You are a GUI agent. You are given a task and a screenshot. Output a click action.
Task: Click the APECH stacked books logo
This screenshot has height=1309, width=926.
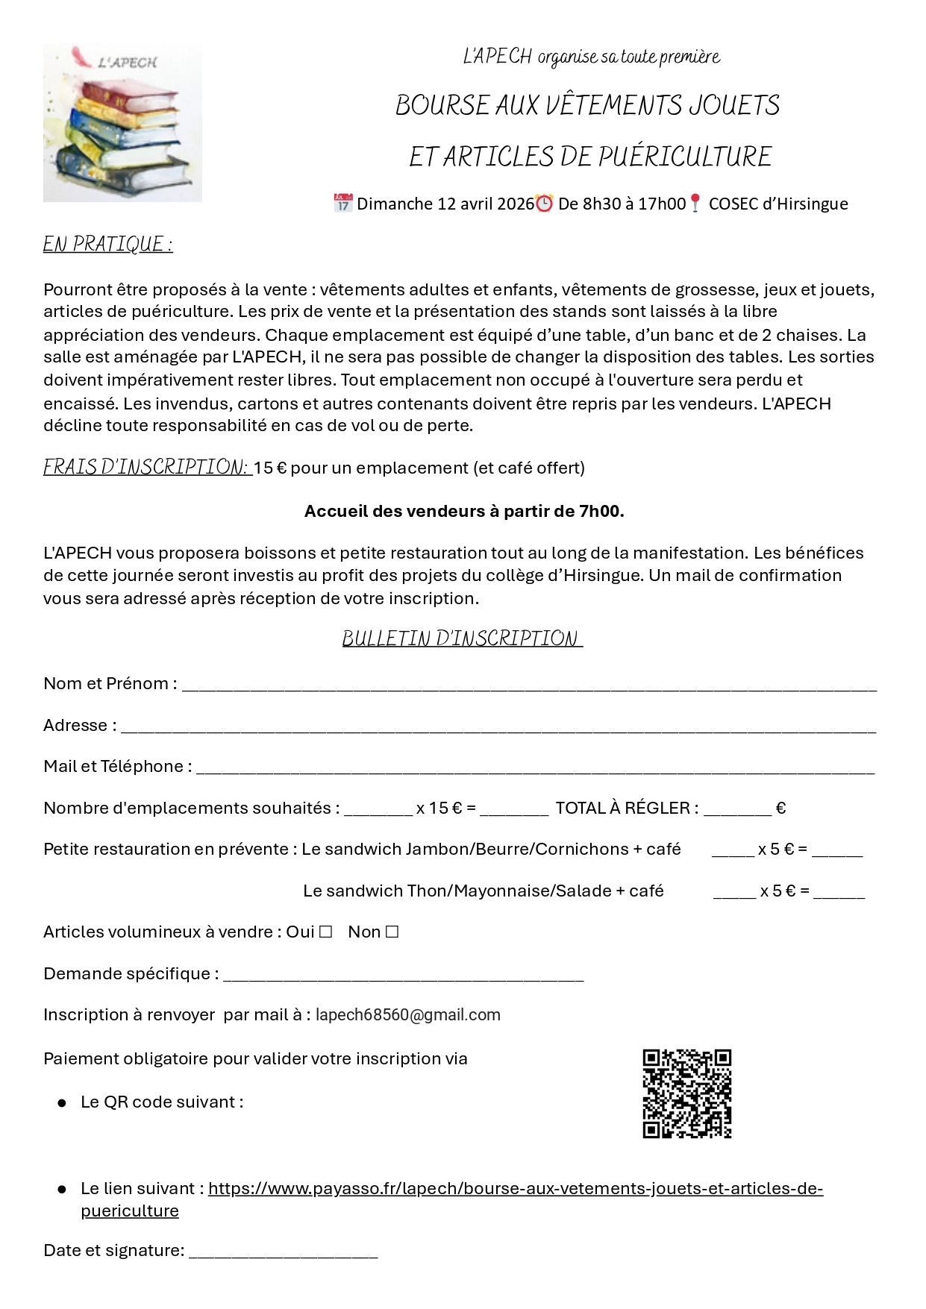[122, 123]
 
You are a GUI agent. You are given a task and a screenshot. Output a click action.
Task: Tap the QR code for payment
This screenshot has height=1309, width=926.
[686, 1093]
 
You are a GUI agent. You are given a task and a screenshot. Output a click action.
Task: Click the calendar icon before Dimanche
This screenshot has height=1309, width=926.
[342, 203]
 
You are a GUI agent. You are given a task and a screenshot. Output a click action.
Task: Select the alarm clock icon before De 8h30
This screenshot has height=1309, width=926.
[545, 203]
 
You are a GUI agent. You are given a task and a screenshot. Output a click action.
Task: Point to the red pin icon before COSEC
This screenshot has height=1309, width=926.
[695, 203]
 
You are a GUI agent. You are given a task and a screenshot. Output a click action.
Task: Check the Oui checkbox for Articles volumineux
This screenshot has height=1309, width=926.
[325, 932]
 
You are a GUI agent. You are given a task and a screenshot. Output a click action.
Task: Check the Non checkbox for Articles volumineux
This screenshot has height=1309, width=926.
[392, 932]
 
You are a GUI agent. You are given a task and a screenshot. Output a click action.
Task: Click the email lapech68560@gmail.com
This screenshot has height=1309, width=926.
[407, 1014]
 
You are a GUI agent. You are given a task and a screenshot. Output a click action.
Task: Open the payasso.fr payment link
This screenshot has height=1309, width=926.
[515, 1188]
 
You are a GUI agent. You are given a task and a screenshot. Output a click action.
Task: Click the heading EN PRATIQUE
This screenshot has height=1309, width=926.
[107, 245]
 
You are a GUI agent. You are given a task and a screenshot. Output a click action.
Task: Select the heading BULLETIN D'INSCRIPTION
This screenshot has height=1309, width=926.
[462, 638]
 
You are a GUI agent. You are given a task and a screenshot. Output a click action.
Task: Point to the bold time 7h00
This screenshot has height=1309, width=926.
[601, 511]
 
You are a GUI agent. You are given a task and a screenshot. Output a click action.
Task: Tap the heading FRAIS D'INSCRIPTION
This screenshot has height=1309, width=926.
[146, 467]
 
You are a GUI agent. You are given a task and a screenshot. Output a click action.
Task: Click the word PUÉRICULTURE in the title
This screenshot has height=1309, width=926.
[685, 157]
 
